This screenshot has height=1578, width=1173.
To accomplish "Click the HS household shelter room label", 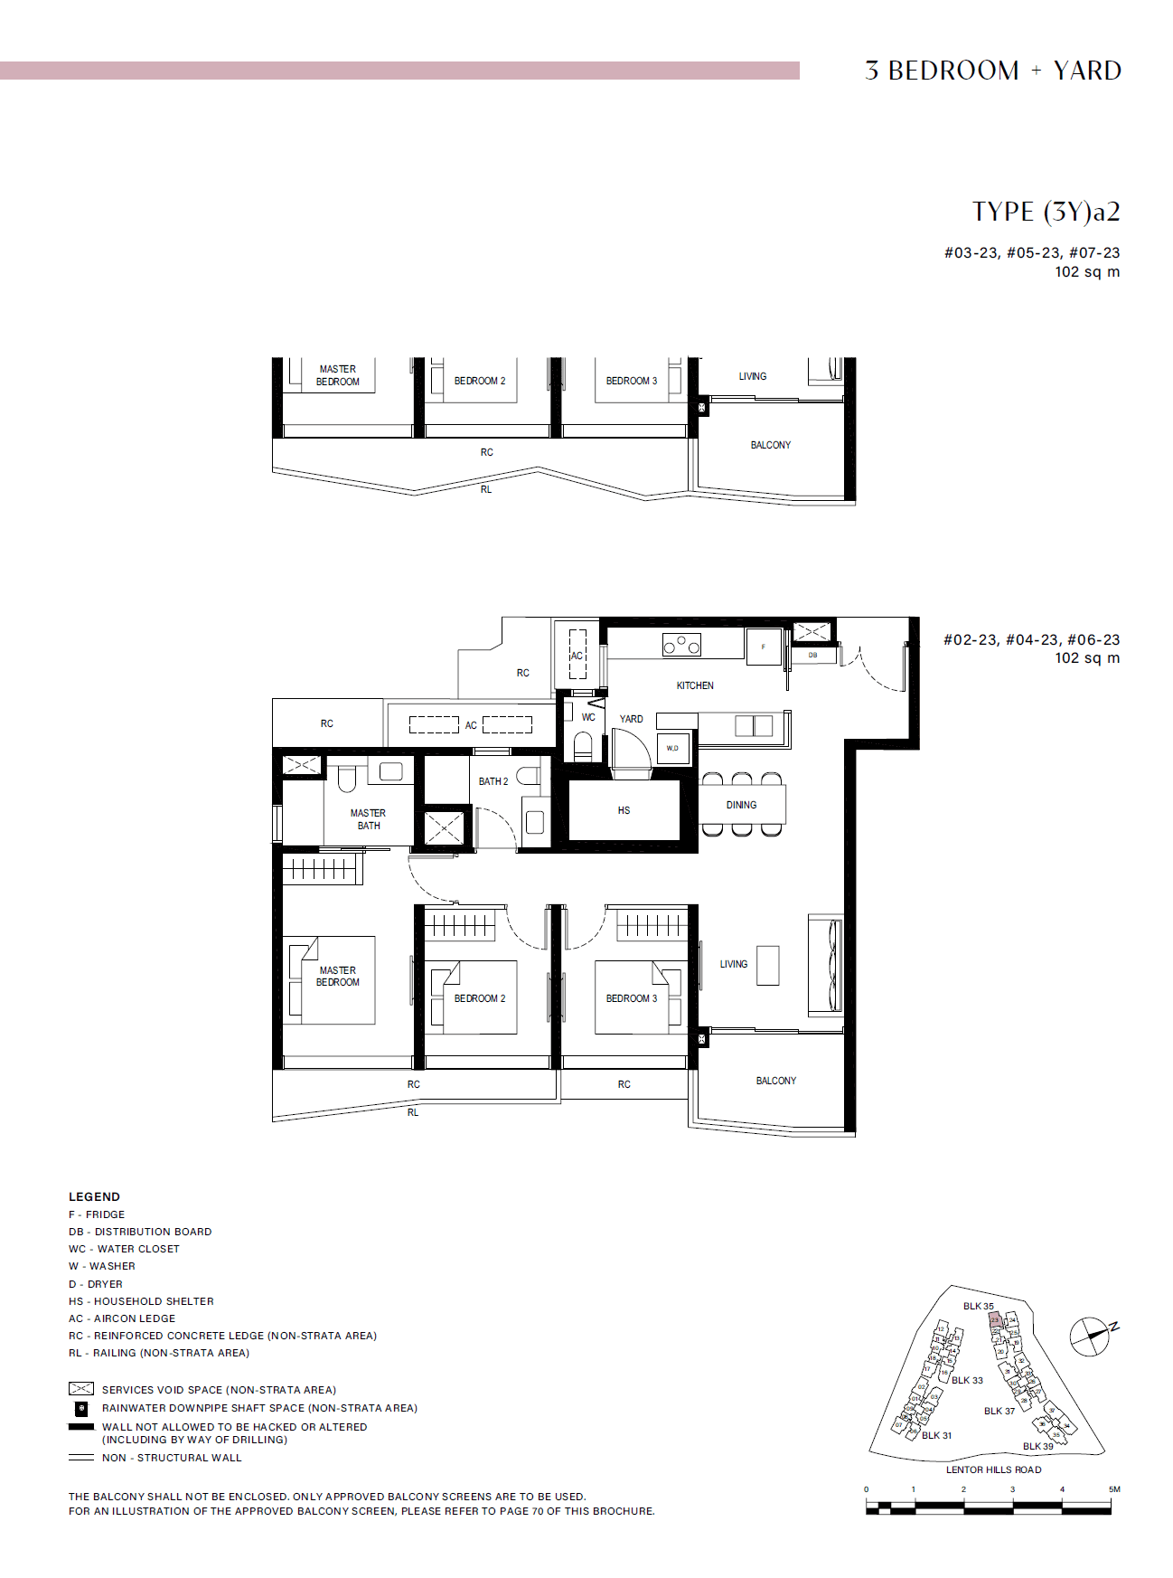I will pos(624,810).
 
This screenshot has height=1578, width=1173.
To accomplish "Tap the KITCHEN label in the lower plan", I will pos(695,685).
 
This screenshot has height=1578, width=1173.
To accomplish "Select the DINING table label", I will pos(741,805).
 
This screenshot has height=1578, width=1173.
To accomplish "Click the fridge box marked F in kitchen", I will pos(764,647).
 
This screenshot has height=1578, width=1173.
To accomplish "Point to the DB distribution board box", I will pos(812,655).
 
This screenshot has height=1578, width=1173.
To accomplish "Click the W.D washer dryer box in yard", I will pos(672,748).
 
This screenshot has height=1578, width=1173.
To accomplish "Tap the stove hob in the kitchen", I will pos(681,645).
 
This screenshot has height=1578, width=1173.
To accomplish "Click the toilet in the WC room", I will pos(583,746).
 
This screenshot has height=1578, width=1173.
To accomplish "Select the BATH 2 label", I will pos(493,781).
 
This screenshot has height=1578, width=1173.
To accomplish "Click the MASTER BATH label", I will pos(369,819).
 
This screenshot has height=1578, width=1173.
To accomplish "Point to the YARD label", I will pos(631,719).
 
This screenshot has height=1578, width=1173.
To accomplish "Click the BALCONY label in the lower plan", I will pos(775,1081).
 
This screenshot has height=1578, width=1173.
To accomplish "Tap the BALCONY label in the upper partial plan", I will pos(770,445).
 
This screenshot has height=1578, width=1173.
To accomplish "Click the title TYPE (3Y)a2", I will pos(1046,212).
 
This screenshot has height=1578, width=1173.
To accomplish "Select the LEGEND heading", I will pos(94,1196).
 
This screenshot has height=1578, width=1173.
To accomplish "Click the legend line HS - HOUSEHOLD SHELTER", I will pos(141,1301).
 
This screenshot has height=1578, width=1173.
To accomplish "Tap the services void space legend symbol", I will pos(81,1388).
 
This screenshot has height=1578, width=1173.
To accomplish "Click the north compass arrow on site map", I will pos(1091,1336).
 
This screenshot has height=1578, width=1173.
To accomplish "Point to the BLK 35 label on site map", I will pos(978,1306).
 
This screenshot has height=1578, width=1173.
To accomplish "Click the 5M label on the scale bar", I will pos(1114,1488).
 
